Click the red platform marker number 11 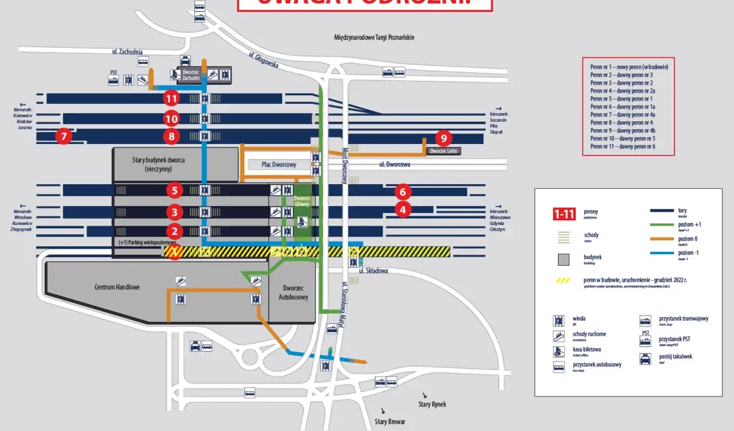tap(171, 98)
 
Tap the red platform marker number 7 tap(64, 137)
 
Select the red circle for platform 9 tap(443, 138)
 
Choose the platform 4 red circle tap(403, 209)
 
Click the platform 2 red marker tap(174, 231)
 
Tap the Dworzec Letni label tap(443, 151)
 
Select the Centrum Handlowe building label tap(117, 286)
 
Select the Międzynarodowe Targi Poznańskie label tap(374, 37)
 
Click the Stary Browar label tap(390, 421)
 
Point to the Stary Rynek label tap(432, 404)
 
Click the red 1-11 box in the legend tap(564, 215)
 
